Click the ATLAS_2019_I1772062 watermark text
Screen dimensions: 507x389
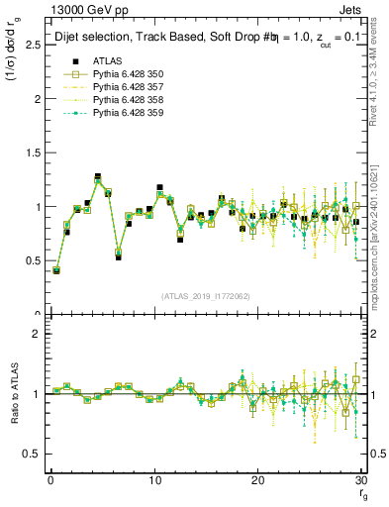coord(205,295)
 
